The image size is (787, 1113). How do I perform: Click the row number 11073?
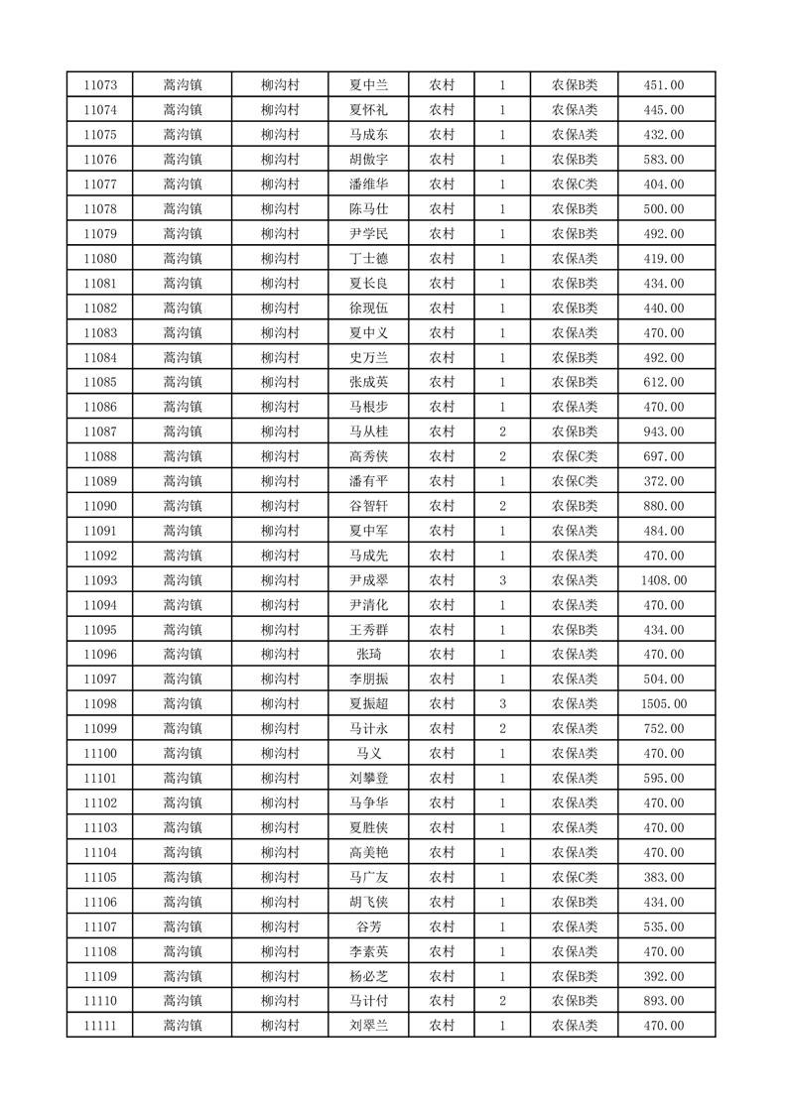pyautogui.click(x=100, y=85)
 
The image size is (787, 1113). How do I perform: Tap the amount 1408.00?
pyautogui.click(x=664, y=580)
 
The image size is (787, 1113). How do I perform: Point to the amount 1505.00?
pyautogui.click(x=664, y=704)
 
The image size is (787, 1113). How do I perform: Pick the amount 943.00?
pyautogui.click(x=664, y=432)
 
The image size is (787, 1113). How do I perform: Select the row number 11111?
pyautogui.click(x=100, y=1026)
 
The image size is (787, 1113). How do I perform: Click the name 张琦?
pyautogui.click(x=367, y=655)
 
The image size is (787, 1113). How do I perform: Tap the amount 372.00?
pyautogui.click(x=664, y=481)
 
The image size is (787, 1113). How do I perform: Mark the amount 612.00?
pyautogui.click(x=664, y=382)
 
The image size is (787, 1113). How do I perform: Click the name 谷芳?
pyautogui.click(x=367, y=927)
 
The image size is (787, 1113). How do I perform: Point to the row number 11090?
pyautogui.click(x=100, y=506)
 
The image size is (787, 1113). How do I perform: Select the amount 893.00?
pyautogui.click(x=664, y=1001)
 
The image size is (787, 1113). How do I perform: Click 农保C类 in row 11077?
pyautogui.click(x=575, y=185)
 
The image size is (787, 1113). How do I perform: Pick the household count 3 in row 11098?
pyautogui.click(x=503, y=704)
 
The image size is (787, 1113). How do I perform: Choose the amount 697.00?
pyautogui.click(x=664, y=456)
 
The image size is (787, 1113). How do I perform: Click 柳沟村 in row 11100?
pyautogui.click(x=280, y=754)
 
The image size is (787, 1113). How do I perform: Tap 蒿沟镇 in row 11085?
pyautogui.click(x=183, y=382)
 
